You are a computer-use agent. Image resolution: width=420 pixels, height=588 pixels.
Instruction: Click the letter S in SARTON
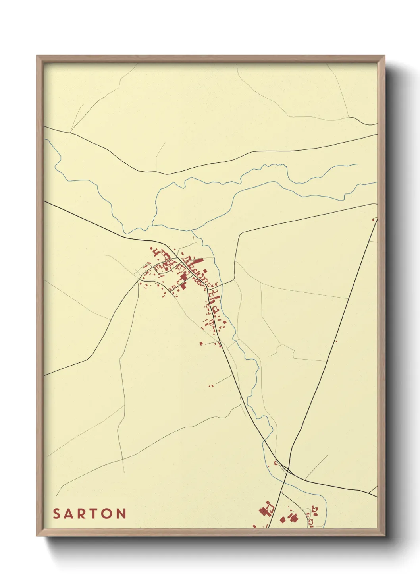[56, 513]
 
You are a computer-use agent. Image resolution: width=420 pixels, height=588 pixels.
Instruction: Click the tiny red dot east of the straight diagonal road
[336, 341]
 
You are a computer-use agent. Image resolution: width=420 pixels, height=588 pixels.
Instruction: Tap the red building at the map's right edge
[373, 219]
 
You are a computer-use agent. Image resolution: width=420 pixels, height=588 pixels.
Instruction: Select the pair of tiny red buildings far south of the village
[211, 385]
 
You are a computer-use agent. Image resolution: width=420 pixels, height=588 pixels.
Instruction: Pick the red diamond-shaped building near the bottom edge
[282, 519]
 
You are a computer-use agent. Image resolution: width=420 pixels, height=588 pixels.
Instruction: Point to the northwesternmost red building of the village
[151, 249]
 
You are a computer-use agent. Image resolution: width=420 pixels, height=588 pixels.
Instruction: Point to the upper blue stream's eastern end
[357, 164]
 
